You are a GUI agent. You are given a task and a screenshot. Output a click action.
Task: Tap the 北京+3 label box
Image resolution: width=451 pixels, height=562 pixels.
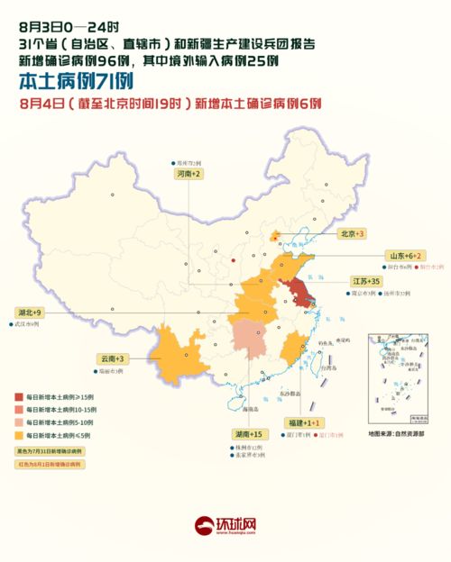(352, 233)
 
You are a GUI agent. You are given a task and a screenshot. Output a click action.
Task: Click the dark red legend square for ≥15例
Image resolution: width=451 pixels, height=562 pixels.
(19, 395)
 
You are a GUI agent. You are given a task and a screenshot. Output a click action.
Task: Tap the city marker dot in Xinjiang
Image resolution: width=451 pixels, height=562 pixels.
(114, 195)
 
